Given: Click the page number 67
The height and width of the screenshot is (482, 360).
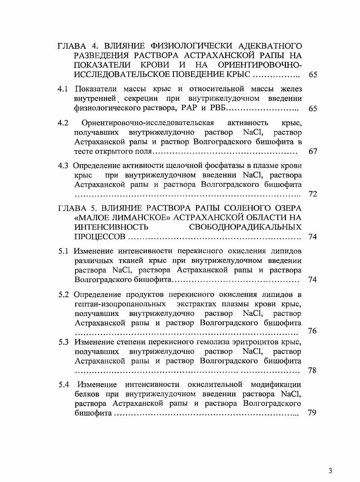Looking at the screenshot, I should coord(313,151).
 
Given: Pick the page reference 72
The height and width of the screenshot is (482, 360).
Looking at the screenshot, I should coord(313,194).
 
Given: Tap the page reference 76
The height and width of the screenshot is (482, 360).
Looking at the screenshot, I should coord(312,331).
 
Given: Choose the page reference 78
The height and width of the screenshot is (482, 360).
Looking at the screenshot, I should coord(312,371).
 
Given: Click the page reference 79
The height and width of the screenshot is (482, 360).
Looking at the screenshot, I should coord(312,413).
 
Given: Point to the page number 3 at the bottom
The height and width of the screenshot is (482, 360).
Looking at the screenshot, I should coord(331,471).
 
